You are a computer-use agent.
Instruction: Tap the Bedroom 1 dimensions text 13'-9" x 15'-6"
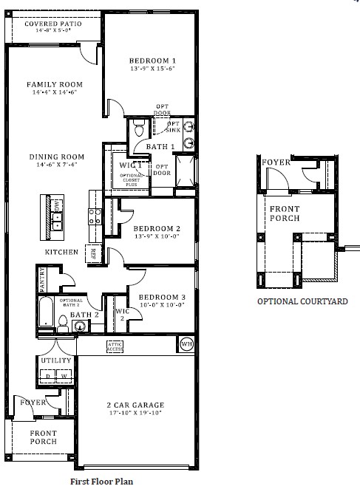pyautogui.click(x=152, y=69)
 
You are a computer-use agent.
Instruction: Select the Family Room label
pyautogui.click(x=55, y=84)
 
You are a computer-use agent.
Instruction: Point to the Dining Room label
pyautogui.click(x=56, y=157)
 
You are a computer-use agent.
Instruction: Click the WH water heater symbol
pyautogui.click(x=186, y=344)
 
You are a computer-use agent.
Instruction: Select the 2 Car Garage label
pyautogui.click(x=135, y=405)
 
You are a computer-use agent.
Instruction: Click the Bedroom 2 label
pyautogui.click(x=157, y=229)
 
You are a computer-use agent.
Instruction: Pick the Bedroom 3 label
pyautogui.click(x=156, y=297)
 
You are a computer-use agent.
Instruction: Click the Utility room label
pyautogui.click(x=56, y=360)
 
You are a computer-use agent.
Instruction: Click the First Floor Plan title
pyautogui.click(x=102, y=480)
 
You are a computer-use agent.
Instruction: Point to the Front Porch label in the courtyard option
pyautogui.click(x=285, y=213)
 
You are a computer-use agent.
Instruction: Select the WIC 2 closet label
pyautogui.click(x=123, y=315)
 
